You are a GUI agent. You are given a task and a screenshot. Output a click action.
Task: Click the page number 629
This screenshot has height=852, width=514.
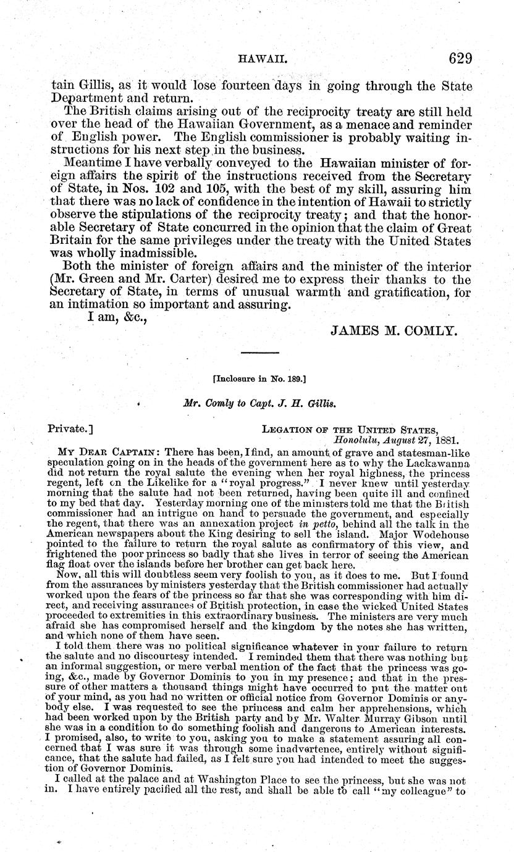point(452,59)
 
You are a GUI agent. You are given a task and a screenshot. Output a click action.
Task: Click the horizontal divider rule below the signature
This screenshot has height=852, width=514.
point(260,352)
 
